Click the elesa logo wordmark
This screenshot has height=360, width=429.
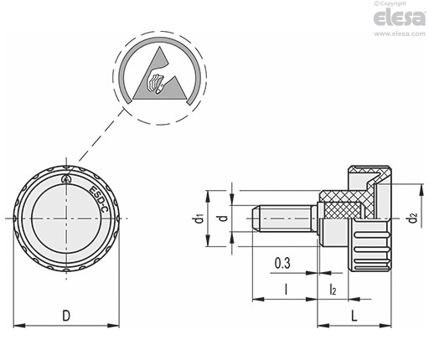(x=400, y=18)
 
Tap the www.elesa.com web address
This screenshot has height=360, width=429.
(x=400, y=33)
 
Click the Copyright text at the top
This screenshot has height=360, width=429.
(x=390, y=3)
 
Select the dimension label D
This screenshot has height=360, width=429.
(x=66, y=316)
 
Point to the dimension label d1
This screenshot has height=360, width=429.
(x=199, y=219)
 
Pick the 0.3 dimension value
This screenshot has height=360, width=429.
(x=282, y=263)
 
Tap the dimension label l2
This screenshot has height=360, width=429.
(x=333, y=290)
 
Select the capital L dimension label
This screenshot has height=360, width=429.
(x=354, y=316)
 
